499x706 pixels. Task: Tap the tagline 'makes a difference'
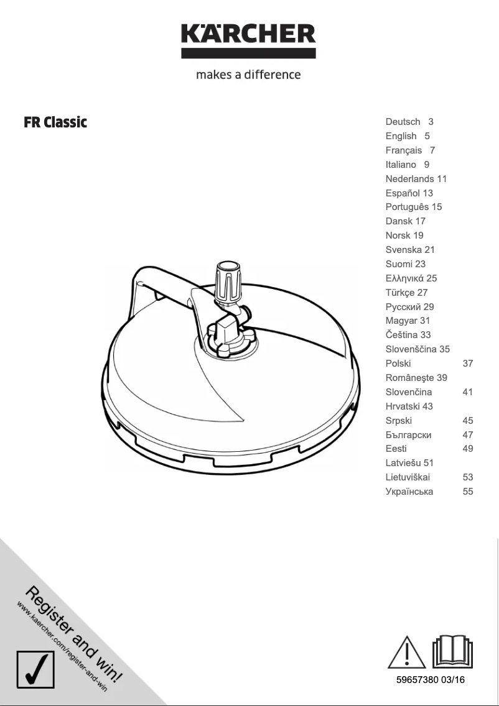(x=248, y=75)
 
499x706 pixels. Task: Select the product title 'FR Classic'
(x=55, y=122)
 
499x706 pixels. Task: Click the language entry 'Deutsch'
(x=403, y=122)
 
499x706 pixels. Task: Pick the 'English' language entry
(x=401, y=136)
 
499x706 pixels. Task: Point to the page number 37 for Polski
(x=468, y=364)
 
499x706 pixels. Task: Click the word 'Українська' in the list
(x=409, y=492)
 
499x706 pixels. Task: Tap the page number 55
(x=468, y=492)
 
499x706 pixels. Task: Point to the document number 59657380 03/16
(x=431, y=680)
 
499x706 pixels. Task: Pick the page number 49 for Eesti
(x=468, y=449)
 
